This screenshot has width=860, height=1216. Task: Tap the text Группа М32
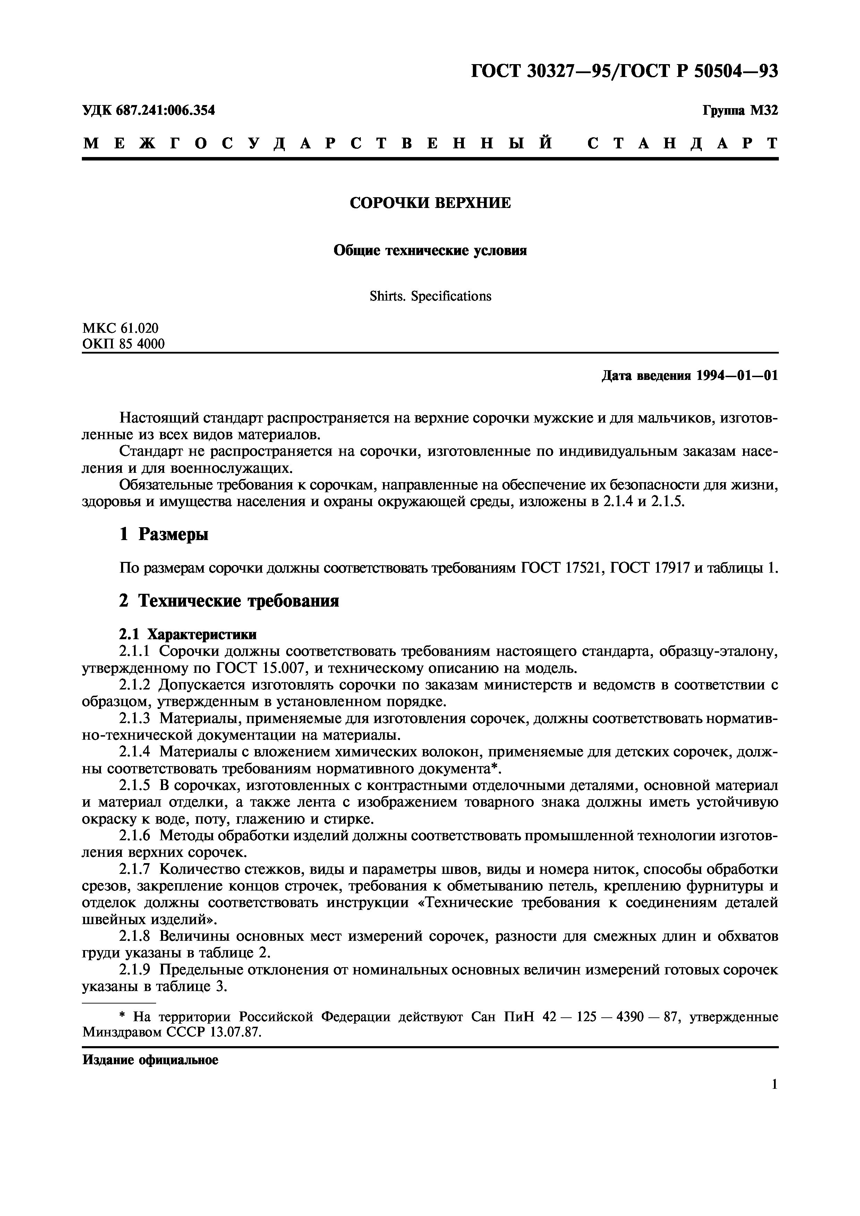click(x=740, y=111)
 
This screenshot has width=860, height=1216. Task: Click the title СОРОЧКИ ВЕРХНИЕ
click(x=430, y=203)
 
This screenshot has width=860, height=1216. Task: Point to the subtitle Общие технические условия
click(x=430, y=251)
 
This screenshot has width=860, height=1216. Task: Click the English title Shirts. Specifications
click(x=430, y=296)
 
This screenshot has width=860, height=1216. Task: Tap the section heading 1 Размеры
click(x=164, y=535)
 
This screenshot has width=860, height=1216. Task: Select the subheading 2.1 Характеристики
click(x=188, y=634)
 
